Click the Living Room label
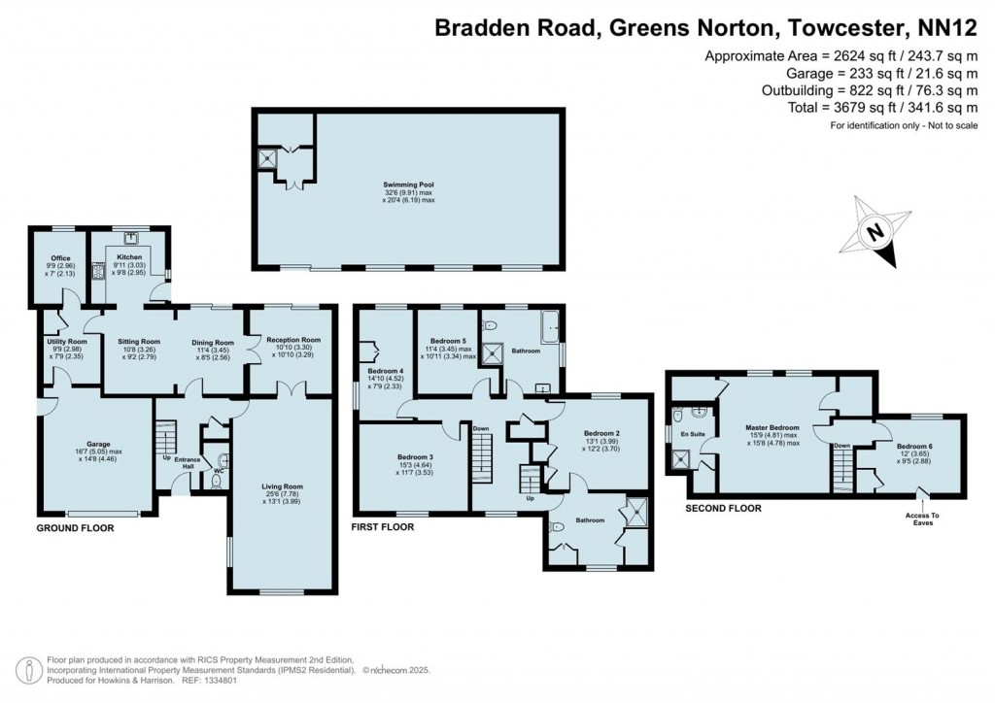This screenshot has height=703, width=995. [283, 486]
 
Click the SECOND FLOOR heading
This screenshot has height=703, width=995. [723, 508]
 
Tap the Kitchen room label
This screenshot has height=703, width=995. [130, 257]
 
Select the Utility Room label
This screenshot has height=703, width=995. [67, 342]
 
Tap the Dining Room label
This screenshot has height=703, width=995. [212, 342]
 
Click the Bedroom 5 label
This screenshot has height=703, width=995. [447, 341]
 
